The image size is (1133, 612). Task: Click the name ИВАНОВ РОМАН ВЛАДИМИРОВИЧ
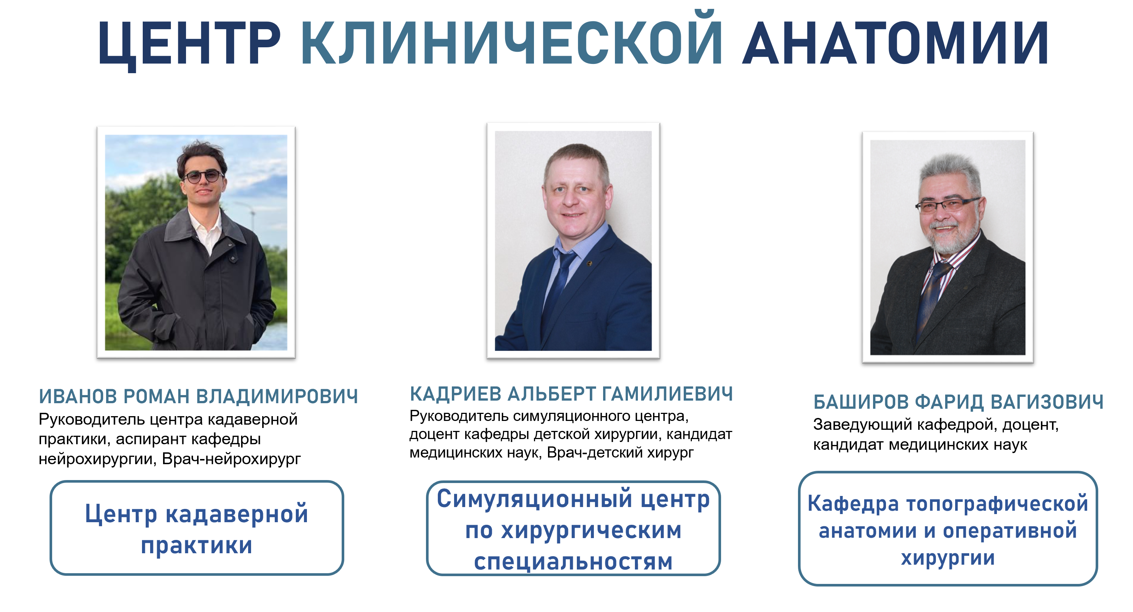click(198, 396)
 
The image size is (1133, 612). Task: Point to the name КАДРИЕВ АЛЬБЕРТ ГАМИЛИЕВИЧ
click(571, 394)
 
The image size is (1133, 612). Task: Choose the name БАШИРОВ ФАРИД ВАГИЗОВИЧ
click(958, 402)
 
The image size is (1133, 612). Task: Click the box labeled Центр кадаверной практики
click(197, 528)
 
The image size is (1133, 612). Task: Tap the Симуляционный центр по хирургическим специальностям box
click(573, 528)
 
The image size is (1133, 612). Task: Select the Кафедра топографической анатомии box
click(948, 528)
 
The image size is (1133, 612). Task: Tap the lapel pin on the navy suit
click(589, 263)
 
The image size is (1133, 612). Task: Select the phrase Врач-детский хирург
click(620, 452)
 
